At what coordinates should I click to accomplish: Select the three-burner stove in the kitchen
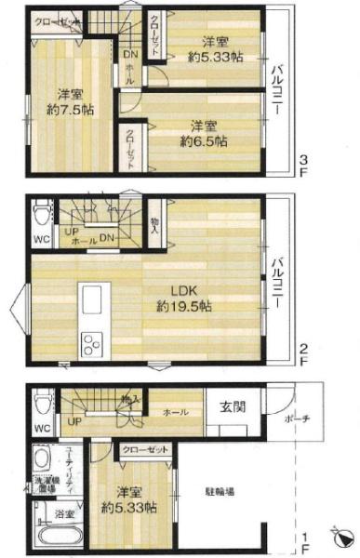[93, 346]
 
